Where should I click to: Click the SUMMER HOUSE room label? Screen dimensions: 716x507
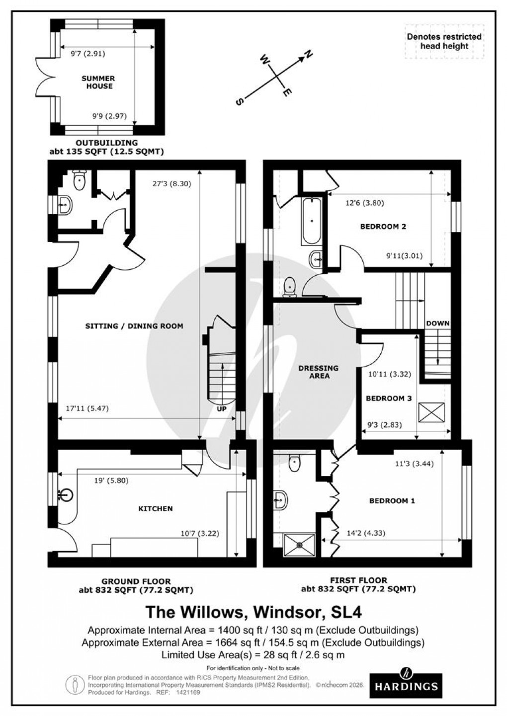coord(98,82)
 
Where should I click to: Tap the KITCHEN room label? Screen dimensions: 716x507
coord(156,508)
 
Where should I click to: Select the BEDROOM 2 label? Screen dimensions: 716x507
coord(383,227)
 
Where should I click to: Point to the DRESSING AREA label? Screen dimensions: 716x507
coord(319,372)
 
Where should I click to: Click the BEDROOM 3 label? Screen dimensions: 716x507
coord(389,398)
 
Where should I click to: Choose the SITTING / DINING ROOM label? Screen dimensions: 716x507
coord(134,326)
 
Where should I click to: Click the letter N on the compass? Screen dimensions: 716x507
coord(308,55)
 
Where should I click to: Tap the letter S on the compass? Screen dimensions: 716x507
coord(240,102)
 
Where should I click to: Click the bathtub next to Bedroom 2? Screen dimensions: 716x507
coord(312,221)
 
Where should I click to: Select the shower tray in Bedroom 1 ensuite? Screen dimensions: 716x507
coord(299,545)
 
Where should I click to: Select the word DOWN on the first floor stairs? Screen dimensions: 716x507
coord(437,323)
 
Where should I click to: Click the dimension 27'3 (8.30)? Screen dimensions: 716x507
coord(172,183)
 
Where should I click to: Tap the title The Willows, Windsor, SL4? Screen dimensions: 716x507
coord(253,610)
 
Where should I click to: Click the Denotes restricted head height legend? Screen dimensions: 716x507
coord(444,41)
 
